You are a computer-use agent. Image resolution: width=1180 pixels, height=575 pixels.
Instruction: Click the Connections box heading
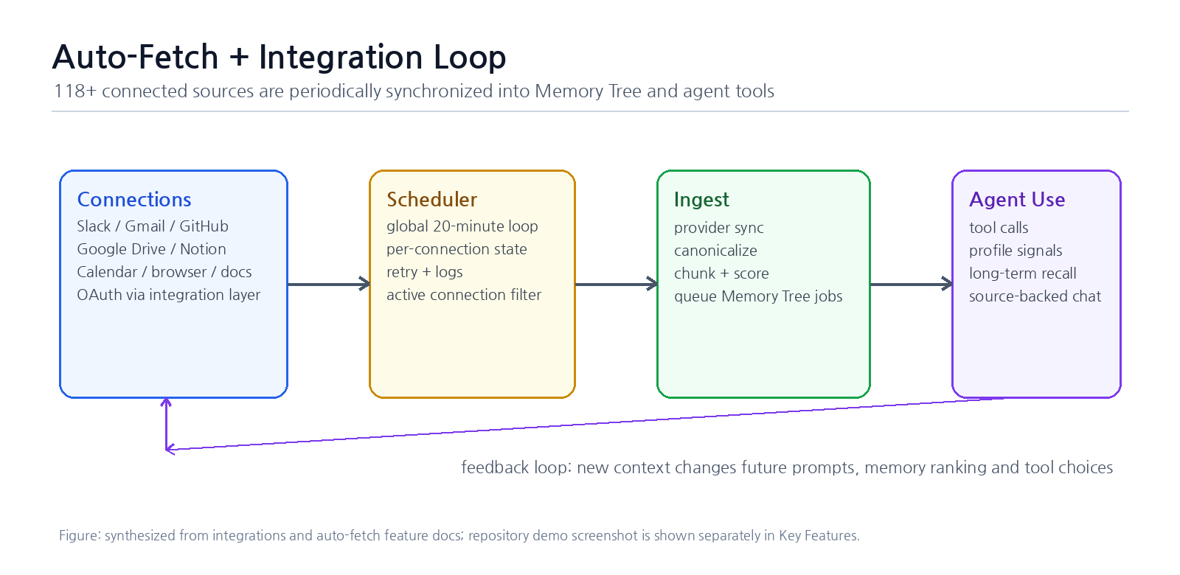click(x=133, y=200)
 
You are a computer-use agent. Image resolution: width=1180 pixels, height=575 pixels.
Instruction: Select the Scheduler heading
click(x=431, y=200)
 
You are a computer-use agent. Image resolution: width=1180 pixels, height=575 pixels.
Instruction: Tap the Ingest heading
click(x=701, y=200)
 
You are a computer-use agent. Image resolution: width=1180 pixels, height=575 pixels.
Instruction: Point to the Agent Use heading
click(x=1017, y=200)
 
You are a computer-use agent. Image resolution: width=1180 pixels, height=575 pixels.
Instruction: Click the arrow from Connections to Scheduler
click(x=329, y=285)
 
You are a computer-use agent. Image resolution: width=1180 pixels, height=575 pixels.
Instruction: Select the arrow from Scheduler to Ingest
click(x=617, y=285)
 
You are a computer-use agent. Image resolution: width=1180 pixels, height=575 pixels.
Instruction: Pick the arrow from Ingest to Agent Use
click(x=912, y=285)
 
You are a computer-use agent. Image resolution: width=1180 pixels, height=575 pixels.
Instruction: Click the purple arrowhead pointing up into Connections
click(x=166, y=402)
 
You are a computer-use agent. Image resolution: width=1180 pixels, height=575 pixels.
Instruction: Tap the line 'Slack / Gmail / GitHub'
click(x=152, y=226)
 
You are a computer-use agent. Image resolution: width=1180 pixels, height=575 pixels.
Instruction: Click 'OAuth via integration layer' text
click(x=169, y=295)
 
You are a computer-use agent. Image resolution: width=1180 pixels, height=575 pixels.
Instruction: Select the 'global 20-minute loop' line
click(x=462, y=226)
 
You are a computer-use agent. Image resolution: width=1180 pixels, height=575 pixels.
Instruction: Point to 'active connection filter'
click(x=464, y=295)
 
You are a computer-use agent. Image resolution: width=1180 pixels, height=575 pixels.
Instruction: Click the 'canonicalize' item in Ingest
click(x=715, y=251)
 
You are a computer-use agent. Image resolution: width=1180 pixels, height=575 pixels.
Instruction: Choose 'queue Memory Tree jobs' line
click(x=758, y=296)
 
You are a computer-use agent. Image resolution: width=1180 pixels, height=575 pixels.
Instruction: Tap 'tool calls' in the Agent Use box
click(x=999, y=228)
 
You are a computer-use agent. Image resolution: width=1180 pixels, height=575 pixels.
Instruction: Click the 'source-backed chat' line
click(x=1035, y=296)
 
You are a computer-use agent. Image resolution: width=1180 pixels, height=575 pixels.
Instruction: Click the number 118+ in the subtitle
click(x=75, y=91)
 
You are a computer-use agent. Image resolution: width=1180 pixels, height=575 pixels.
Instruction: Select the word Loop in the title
click(x=469, y=57)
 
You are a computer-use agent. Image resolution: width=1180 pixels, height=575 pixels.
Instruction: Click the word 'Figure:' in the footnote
click(x=80, y=535)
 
